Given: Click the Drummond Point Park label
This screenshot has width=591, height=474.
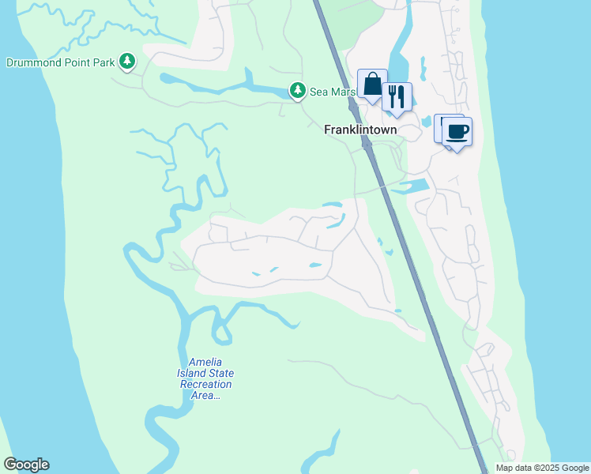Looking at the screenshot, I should coord(60,62).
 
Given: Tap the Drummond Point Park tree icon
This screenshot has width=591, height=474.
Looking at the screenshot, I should coord(127,61).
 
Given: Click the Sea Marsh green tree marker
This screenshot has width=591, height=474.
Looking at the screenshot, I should coord(297,92).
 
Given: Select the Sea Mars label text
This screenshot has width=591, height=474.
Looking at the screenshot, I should coord(329,92).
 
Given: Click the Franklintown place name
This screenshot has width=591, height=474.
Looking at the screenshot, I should coord(360,130).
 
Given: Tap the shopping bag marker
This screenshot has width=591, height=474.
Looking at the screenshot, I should coord(372,85).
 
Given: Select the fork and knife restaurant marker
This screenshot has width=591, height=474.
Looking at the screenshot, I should coord(397,97).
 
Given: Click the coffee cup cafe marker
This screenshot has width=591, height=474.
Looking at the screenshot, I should coord(456,130).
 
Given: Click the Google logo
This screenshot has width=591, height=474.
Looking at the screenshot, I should coord(26,465).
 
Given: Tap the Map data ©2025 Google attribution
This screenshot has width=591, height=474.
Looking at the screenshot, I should coord(541,468).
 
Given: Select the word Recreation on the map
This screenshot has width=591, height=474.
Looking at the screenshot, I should coord(206,385).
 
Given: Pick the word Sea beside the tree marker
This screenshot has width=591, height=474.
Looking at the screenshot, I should coord(318,92).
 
